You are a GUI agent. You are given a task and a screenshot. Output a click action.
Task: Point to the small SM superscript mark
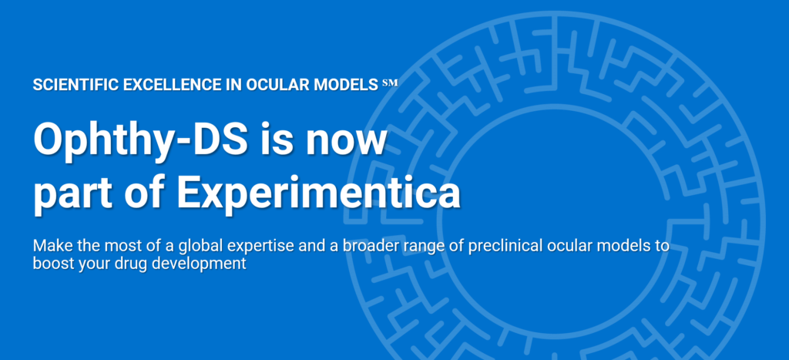[389, 81]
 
